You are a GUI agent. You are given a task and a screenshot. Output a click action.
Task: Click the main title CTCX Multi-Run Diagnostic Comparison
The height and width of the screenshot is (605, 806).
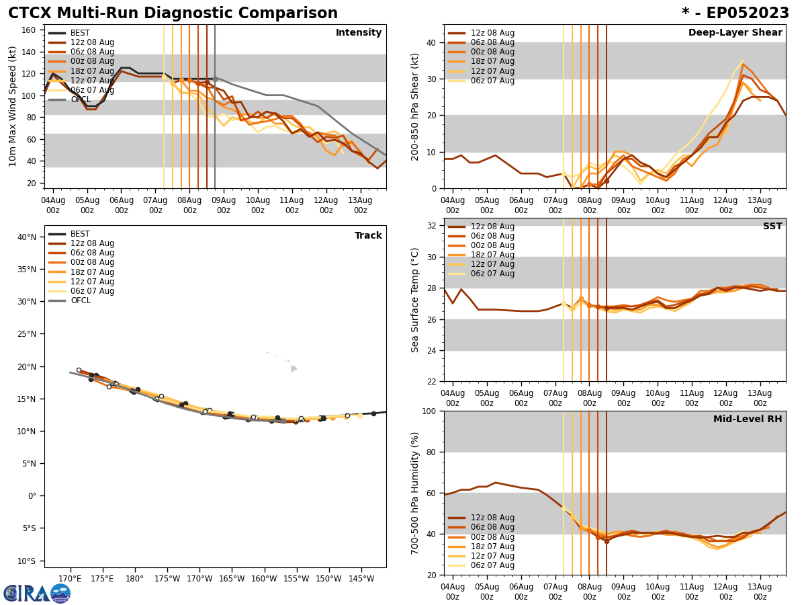pos(173,13)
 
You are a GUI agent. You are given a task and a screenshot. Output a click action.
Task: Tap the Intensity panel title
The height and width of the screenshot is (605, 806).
pos(359,33)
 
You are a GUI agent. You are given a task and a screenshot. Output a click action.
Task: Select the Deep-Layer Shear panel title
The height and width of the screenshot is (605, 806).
pos(735,33)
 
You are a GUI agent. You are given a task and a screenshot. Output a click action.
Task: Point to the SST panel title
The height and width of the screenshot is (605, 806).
pos(772,227)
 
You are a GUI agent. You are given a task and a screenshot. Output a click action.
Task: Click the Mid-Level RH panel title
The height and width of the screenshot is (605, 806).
pos(748,419)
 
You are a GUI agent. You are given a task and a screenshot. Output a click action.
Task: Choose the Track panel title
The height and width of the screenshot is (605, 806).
pos(368,236)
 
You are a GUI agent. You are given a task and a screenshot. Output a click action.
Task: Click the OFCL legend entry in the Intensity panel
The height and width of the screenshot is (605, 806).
pos(80,99)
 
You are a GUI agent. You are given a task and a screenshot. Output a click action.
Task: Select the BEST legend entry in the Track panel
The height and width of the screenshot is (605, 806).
pos(80,234)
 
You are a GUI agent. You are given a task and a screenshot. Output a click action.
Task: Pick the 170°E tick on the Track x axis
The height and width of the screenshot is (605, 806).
pos(71,578)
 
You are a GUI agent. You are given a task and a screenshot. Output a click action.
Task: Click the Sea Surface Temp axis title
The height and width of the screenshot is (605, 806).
pos(415,300)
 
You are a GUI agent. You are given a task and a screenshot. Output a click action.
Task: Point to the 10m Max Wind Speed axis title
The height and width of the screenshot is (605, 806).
pos(13,106)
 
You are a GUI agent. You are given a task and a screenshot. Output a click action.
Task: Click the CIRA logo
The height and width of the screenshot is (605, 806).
pos(37,594)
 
